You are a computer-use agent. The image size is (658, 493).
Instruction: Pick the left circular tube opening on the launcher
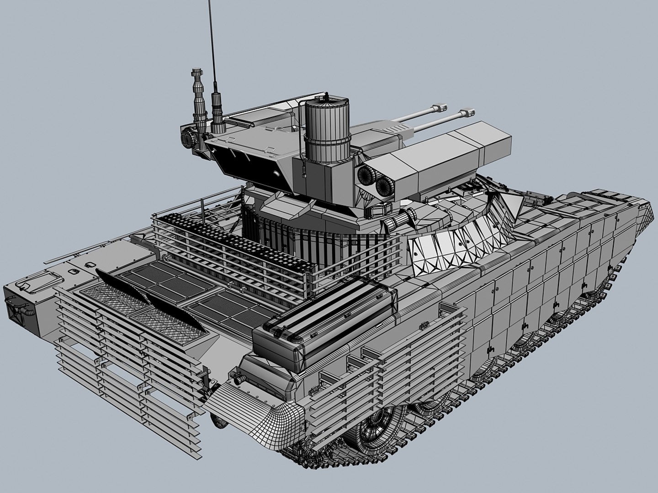[x=365, y=174]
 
